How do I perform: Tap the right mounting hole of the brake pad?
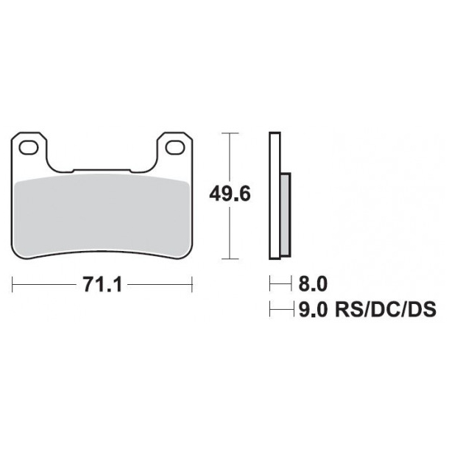point(175,149)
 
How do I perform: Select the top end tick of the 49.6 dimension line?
point(232,133)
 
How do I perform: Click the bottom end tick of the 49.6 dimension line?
point(232,258)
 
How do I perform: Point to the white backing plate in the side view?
point(275,195)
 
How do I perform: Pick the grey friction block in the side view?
point(286,213)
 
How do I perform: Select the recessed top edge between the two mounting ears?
point(102,172)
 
